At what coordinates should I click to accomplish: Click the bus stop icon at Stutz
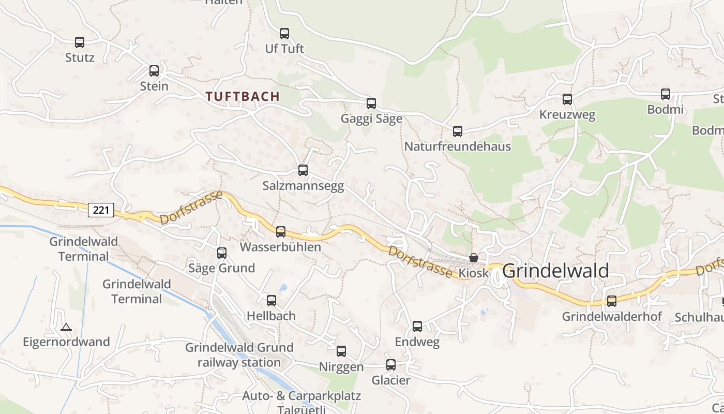(x=79, y=42)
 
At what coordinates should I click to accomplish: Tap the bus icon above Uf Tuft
(x=284, y=34)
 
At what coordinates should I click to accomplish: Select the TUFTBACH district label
(x=243, y=96)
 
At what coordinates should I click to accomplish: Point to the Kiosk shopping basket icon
(x=473, y=258)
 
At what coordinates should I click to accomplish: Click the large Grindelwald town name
(x=555, y=271)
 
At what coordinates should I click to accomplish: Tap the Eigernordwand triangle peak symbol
(x=66, y=327)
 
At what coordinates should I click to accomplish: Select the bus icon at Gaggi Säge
(x=371, y=103)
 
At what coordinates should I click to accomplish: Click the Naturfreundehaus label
(x=457, y=146)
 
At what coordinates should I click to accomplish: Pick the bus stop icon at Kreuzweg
(x=567, y=99)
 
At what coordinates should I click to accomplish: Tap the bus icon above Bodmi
(x=665, y=94)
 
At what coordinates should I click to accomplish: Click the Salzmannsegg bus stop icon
(x=303, y=170)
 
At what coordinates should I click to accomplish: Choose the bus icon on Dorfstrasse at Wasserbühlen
(x=280, y=232)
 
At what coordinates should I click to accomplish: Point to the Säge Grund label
(x=221, y=268)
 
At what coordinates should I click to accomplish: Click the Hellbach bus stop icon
(x=271, y=301)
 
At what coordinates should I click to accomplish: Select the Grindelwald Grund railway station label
(x=239, y=354)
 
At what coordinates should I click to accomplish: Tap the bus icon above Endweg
(x=417, y=327)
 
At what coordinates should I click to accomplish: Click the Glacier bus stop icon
(x=391, y=365)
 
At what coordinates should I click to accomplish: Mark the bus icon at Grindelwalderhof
(x=612, y=301)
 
